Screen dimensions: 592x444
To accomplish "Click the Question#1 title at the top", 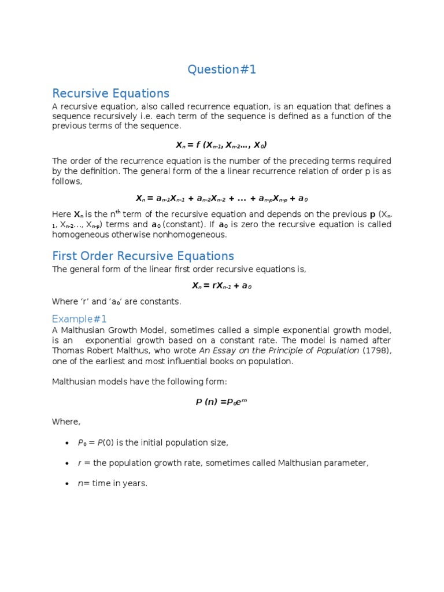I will click(221, 70).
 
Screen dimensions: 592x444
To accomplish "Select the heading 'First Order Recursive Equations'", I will click(143, 256).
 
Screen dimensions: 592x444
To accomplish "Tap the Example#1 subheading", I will click(79, 319).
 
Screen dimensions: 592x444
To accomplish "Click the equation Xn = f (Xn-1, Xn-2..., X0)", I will click(221, 145).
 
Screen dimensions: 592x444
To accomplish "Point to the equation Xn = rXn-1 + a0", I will click(221, 286).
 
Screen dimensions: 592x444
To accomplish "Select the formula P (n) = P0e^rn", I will click(221, 402).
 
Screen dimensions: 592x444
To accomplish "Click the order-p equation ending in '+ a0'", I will click(221, 198).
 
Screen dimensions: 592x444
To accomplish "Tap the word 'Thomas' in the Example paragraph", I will click(68, 351).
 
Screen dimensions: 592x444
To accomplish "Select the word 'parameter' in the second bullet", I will click(347, 463).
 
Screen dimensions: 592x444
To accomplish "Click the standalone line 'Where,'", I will click(66, 422).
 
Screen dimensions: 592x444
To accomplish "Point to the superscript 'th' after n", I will click(122, 212).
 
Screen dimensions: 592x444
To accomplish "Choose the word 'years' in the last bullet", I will click(135, 483).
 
